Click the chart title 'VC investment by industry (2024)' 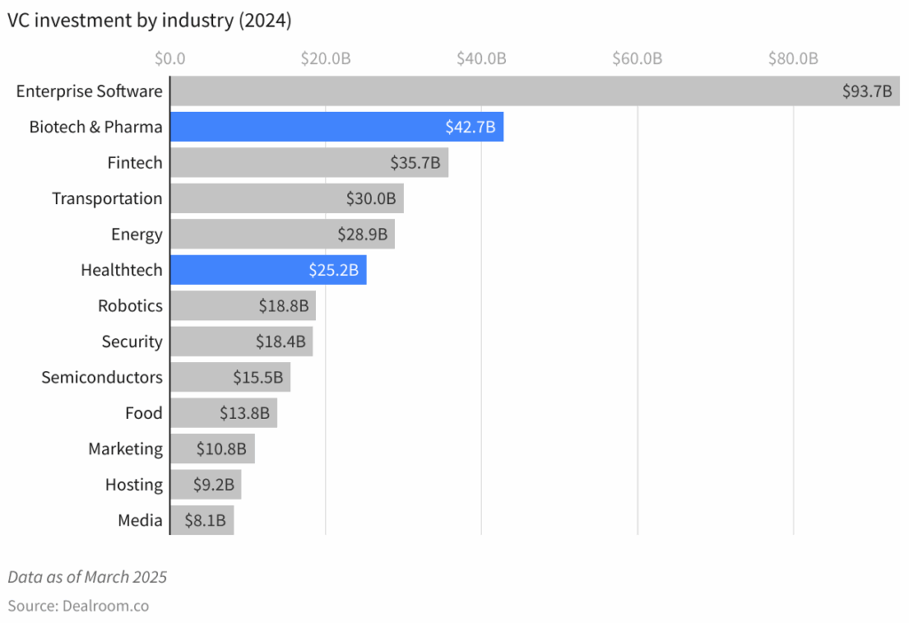click(x=149, y=22)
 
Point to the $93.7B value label click(x=867, y=91)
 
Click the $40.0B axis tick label click(x=481, y=59)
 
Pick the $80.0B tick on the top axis click(x=793, y=59)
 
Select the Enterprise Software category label click(x=89, y=91)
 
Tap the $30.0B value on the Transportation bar click(x=371, y=199)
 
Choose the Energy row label click(x=137, y=234)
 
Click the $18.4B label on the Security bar click(x=282, y=342)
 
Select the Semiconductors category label click(x=102, y=377)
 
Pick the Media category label click(x=140, y=520)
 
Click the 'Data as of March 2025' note click(x=87, y=577)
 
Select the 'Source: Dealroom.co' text click(x=78, y=606)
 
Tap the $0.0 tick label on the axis click(x=169, y=59)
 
